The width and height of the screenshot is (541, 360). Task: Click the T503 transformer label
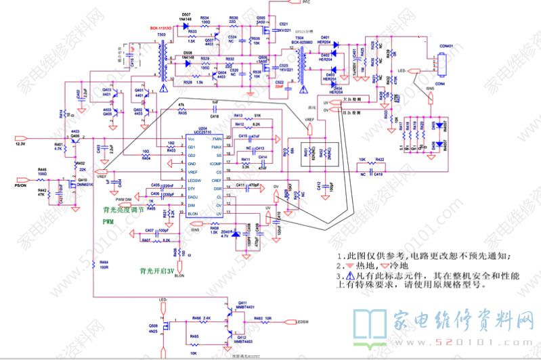[161, 34]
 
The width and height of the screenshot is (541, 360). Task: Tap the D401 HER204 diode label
[325, 39]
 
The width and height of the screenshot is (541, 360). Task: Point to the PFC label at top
[286, 3]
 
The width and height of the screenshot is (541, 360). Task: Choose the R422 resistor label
[379, 160]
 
